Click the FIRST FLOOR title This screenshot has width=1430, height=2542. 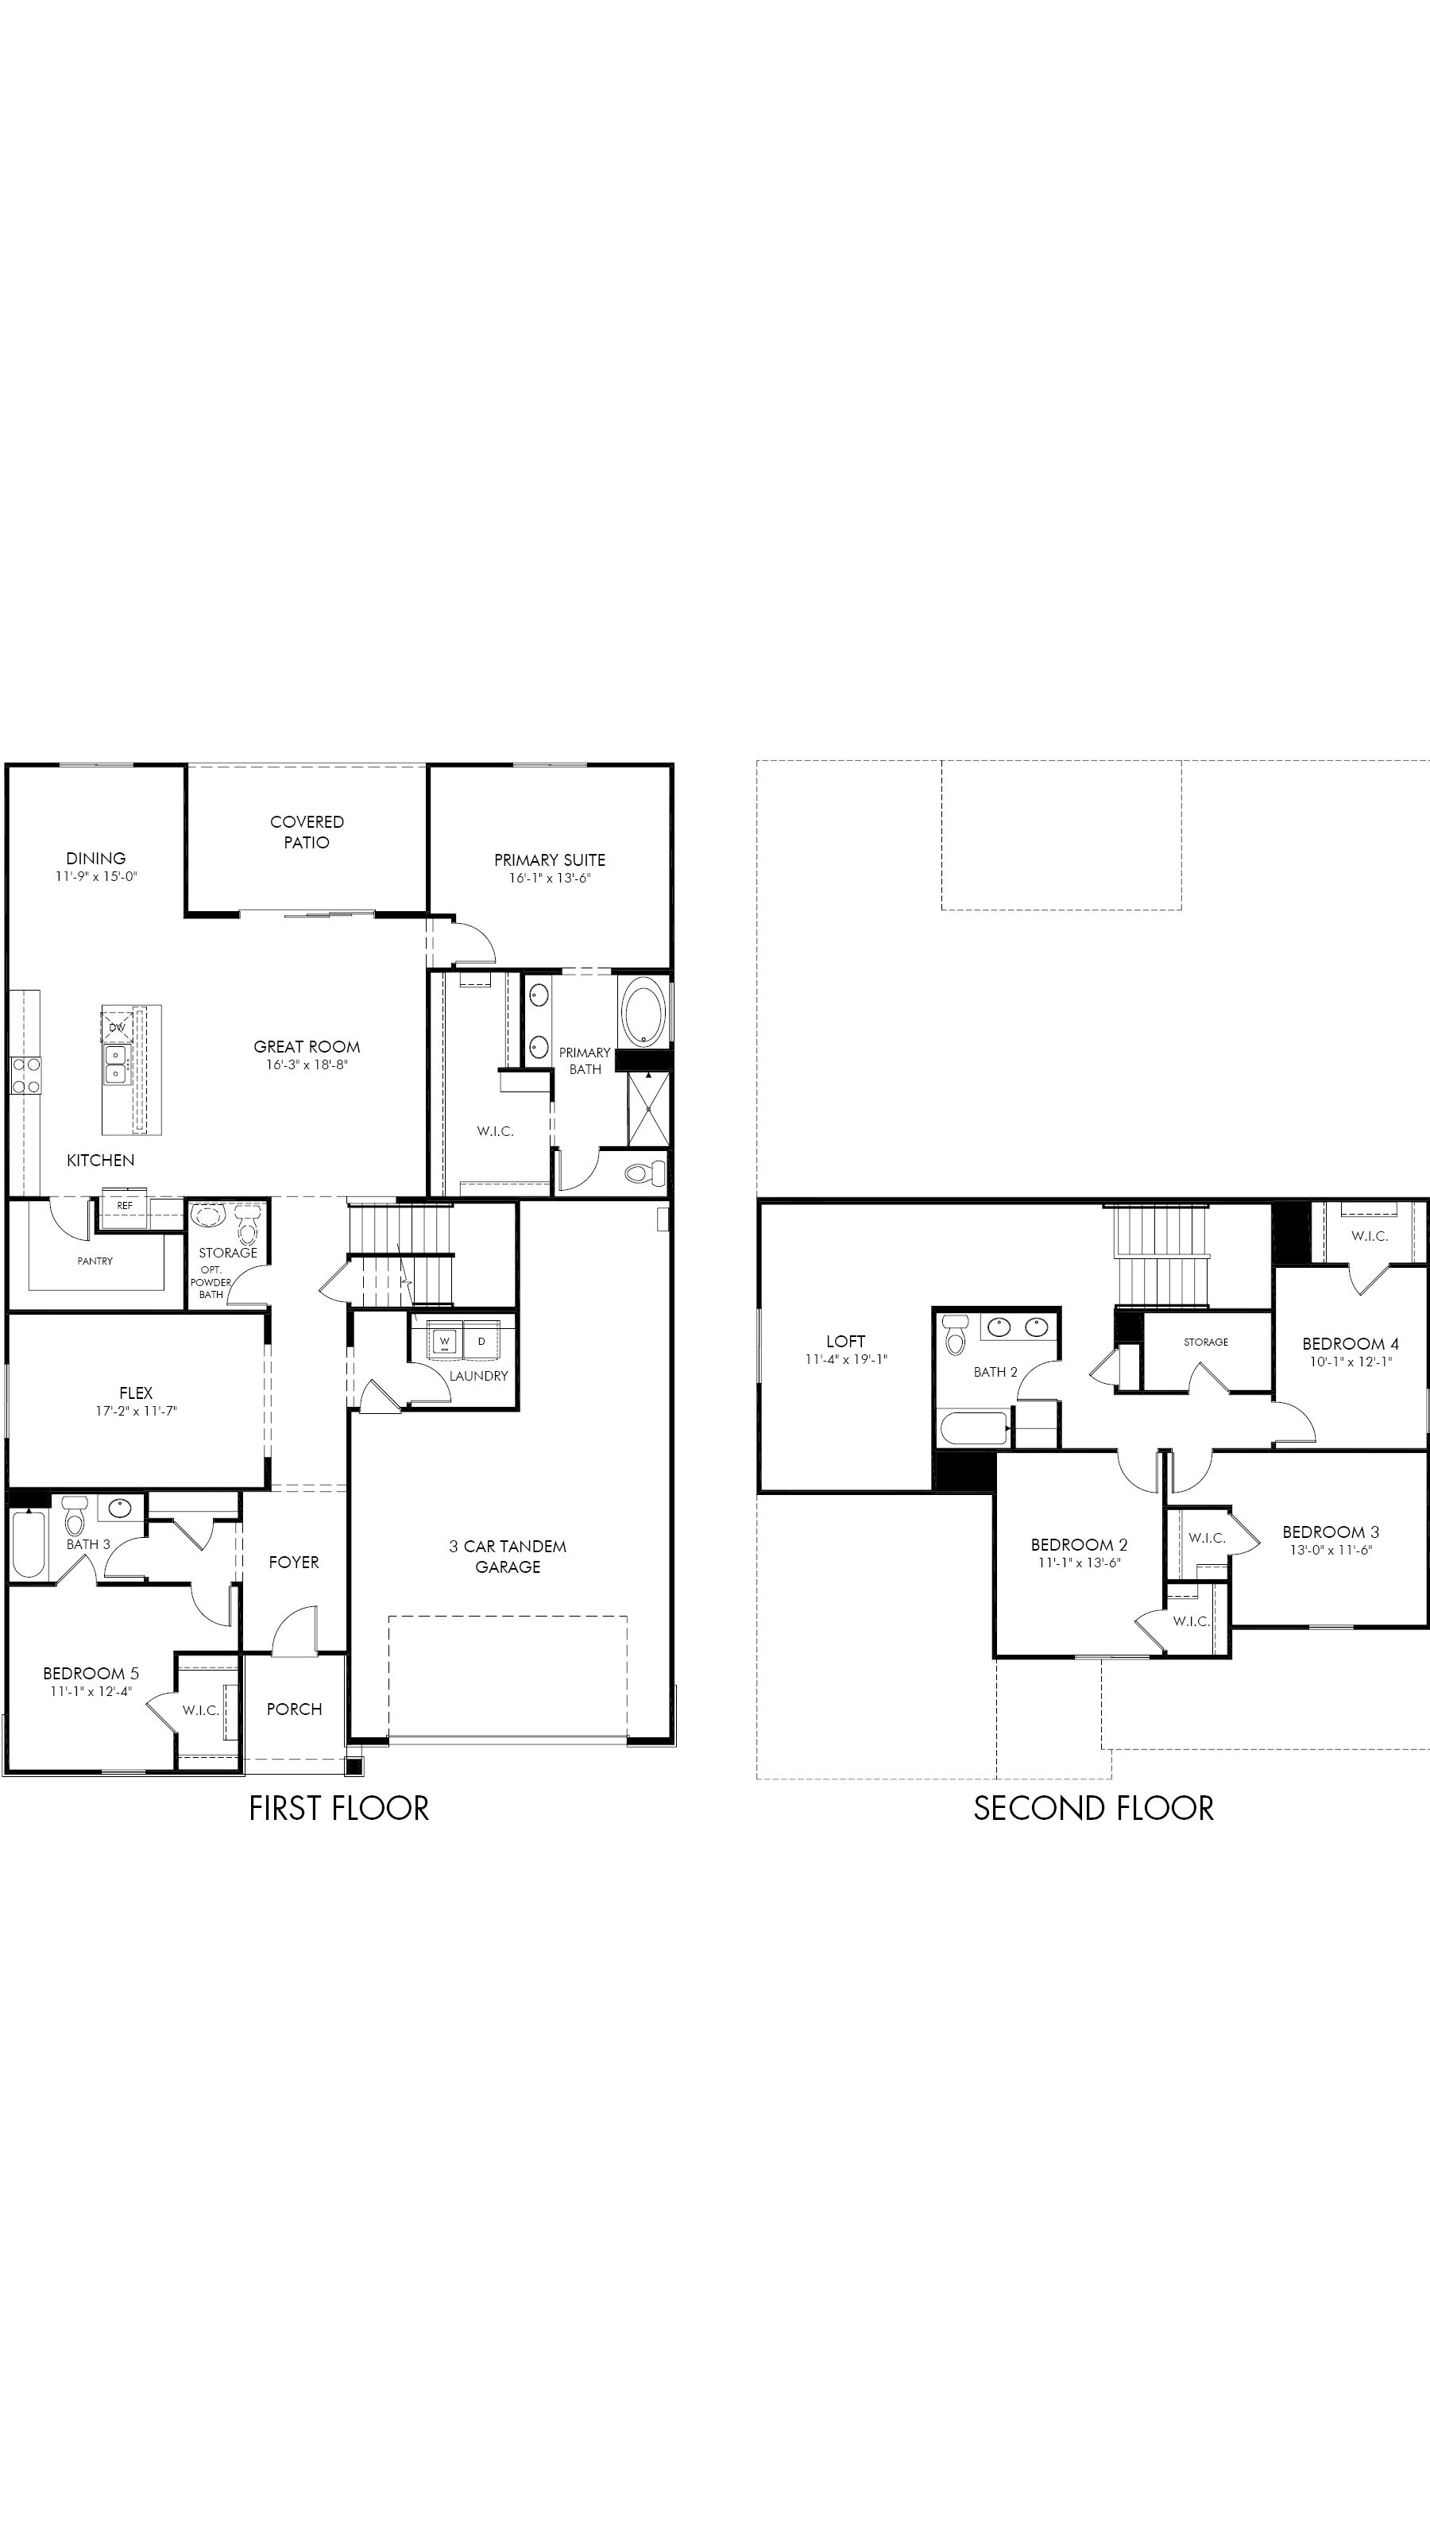[x=338, y=1808]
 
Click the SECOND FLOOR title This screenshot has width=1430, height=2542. [x=1093, y=1808]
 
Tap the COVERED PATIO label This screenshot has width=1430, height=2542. [x=307, y=832]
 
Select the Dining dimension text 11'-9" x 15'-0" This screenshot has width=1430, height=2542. [x=95, y=876]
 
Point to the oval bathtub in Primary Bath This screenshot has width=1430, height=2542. [x=644, y=1010]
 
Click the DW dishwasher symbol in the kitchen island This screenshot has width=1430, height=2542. [x=118, y=1027]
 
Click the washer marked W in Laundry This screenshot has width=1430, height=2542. [x=444, y=1341]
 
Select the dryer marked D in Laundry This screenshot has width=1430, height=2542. [x=481, y=1341]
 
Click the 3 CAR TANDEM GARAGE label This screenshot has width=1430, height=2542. [x=508, y=1556]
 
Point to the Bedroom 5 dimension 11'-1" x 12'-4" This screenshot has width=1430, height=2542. [x=91, y=1691]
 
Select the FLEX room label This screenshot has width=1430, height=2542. [x=136, y=1393]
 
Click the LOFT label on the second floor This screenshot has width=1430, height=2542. [x=846, y=1341]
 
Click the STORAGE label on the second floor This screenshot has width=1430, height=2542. [x=1206, y=1342]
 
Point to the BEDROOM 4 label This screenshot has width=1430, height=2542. [x=1350, y=1343]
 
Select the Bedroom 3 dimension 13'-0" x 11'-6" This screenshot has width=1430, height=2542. [x=1331, y=1549]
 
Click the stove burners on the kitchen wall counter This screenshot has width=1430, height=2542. [x=25, y=1075]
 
